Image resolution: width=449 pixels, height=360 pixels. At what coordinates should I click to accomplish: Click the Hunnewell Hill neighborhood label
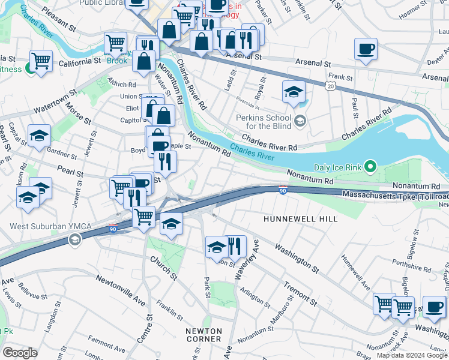coord(301,220)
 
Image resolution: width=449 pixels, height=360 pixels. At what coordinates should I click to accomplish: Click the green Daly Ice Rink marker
coord(371,166)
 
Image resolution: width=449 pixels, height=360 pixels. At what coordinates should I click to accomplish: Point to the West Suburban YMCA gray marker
coord(74,239)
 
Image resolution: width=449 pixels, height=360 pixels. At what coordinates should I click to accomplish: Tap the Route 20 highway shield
coord(330,86)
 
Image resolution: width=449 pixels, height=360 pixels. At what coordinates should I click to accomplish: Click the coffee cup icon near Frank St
coord(366,49)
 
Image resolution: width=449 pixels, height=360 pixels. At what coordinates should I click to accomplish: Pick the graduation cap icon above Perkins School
coord(294,92)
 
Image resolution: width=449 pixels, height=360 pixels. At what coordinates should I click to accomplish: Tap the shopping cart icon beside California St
coord(41,61)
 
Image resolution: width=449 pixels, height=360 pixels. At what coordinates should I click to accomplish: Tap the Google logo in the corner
coord(20,353)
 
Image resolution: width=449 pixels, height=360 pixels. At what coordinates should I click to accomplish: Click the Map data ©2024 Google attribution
coord(411,355)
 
